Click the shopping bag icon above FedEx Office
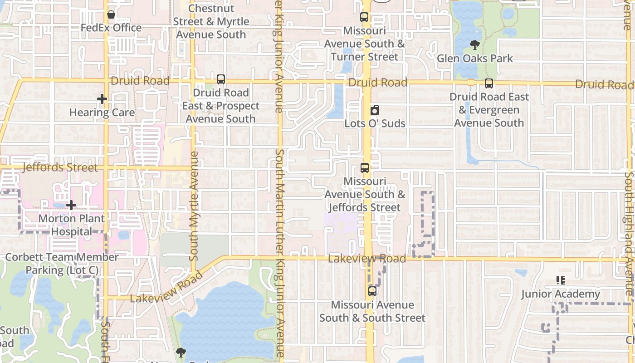pos(111,15)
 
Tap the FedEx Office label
pos(111,28)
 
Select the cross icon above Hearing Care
pos(102,99)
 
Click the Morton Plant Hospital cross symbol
pos(71,205)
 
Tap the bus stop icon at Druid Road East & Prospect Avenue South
pos(221,79)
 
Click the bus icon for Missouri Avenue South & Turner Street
pos(364,17)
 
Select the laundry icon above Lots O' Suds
pos(375,110)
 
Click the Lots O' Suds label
pos(375,123)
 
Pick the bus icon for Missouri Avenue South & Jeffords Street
pos(365,168)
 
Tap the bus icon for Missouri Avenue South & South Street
pos(372,291)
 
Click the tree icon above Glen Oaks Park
pos(475,45)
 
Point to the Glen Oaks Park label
pos(475,58)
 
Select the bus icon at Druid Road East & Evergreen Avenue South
pos(489,83)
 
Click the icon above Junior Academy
pos(561,281)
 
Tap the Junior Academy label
pos(561,294)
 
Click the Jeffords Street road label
pos(60,167)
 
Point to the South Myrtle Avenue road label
pos(194,206)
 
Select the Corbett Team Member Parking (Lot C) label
pos(62,264)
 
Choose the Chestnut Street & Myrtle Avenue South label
pos(211,21)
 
